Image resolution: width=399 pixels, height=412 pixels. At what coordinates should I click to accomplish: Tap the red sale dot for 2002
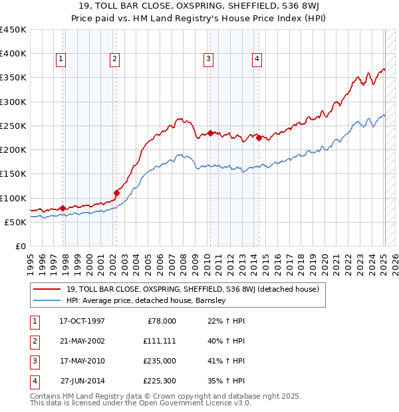(x=116, y=193)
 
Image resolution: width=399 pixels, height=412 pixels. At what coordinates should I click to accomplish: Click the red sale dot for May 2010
(x=210, y=133)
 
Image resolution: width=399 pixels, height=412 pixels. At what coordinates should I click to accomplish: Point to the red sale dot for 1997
(x=63, y=208)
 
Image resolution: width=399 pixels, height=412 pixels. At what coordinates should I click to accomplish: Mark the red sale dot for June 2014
(x=259, y=138)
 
